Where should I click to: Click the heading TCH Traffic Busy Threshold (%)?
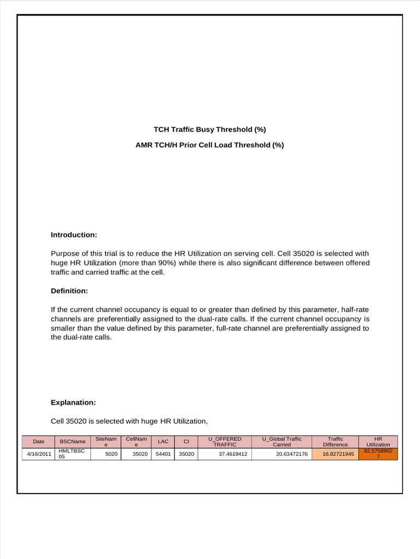tap(209, 129)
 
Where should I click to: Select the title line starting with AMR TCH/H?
tap(209, 145)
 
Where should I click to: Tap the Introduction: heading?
tap(74, 235)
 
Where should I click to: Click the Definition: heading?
tap(69, 291)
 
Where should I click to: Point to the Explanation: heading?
tap(73, 402)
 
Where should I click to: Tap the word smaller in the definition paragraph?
tap(64, 328)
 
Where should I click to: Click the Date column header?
tap(38, 441)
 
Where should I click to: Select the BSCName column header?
tap(73, 441)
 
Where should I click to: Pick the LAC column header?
tap(163, 441)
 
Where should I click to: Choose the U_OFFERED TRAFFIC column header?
tap(225, 441)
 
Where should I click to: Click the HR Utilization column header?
tap(378, 441)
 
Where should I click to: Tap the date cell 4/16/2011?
tap(38, 454)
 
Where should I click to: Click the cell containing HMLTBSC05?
tap(72, 454)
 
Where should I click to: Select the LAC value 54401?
tap(163, 454)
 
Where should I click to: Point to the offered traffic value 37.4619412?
tap(233, 454)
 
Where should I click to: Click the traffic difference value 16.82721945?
tap(338, 454)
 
